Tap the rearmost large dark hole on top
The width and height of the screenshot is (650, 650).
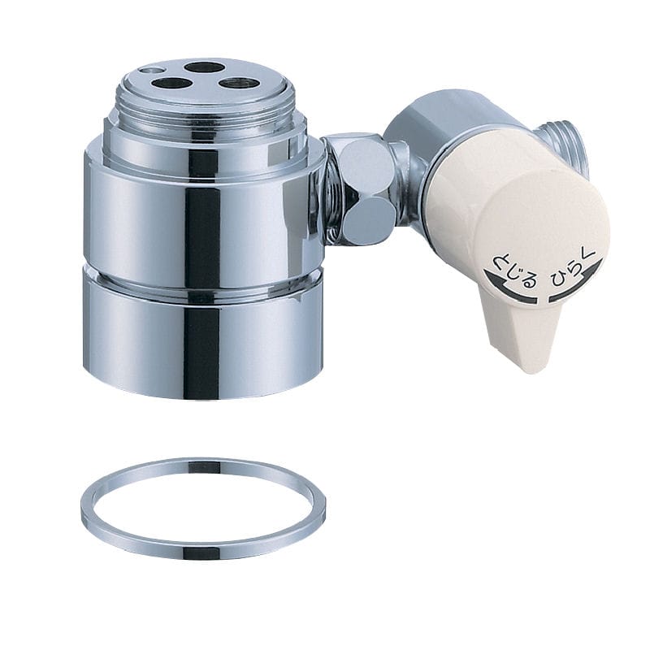pos(205,67)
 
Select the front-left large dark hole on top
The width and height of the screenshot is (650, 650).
pos(171,84)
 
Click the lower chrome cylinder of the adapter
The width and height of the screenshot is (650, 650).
pos(203,340)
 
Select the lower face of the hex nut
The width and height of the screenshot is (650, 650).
pos(370,219)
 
